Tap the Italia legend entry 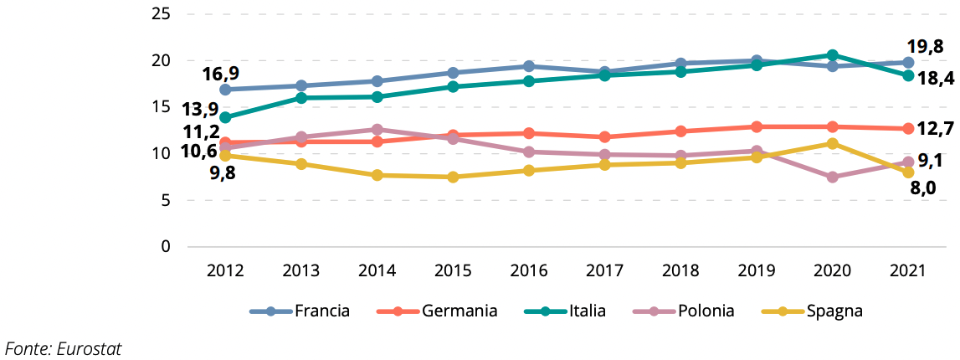(588, 311)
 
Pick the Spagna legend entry (834, 311)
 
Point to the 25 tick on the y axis (162, 14)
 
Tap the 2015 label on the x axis (453, 270)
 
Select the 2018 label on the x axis (680, 270)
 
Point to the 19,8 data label (927, 45)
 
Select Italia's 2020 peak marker (833, 55)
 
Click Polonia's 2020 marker (833, 177)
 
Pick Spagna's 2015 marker (453, 177)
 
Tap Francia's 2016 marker (529, 66)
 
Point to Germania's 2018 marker (680, 131)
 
